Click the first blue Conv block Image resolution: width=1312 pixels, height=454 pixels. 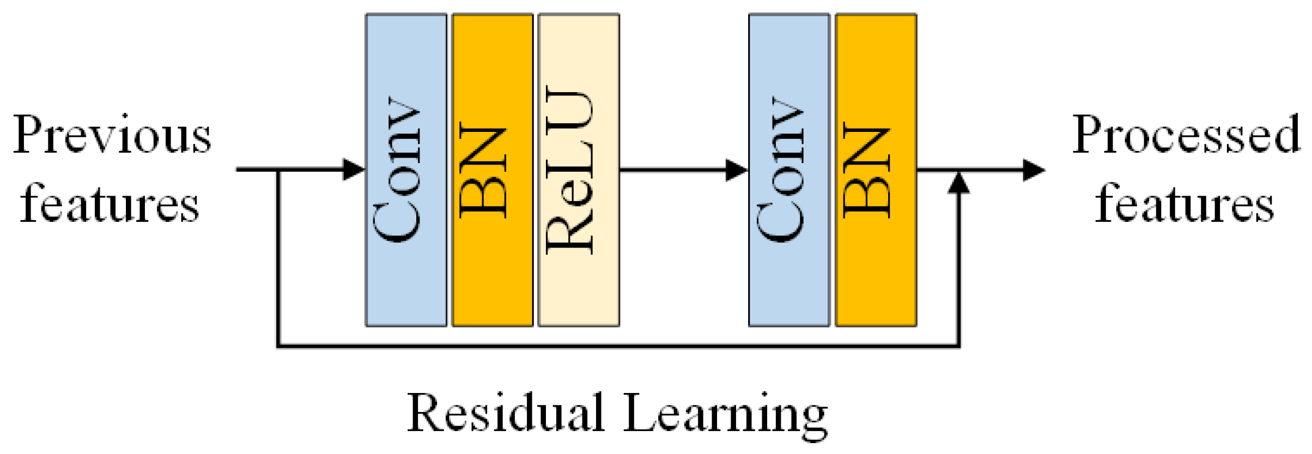(406, 170)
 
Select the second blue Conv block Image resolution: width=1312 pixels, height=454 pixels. (788, 170)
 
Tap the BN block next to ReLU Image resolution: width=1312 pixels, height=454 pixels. (493, 170)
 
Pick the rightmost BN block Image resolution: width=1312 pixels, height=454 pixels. (876, 170)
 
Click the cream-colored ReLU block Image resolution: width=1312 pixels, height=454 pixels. (579, 170)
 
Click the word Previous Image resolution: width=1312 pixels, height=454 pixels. (112, 135)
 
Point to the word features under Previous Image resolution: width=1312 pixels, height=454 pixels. (110, 205)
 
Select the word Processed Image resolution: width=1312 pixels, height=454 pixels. (1186, 135)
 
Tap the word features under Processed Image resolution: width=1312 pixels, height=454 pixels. (1185, 205)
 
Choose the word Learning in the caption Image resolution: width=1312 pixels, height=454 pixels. (725, 414)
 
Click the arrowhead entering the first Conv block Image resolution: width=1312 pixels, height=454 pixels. (354, 170)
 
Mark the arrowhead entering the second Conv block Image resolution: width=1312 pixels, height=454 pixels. (737, 170)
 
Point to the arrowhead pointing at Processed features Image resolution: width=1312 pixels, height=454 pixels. (1033, 170)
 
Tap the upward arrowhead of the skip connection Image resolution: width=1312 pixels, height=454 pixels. (958, 183)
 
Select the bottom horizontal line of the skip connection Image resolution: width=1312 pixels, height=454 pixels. (618, 345)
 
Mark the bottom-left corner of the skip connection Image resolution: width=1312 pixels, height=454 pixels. (279, 345)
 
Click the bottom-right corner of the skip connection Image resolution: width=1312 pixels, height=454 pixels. (958, 345)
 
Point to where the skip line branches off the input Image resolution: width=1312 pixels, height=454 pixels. (279, 170)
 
